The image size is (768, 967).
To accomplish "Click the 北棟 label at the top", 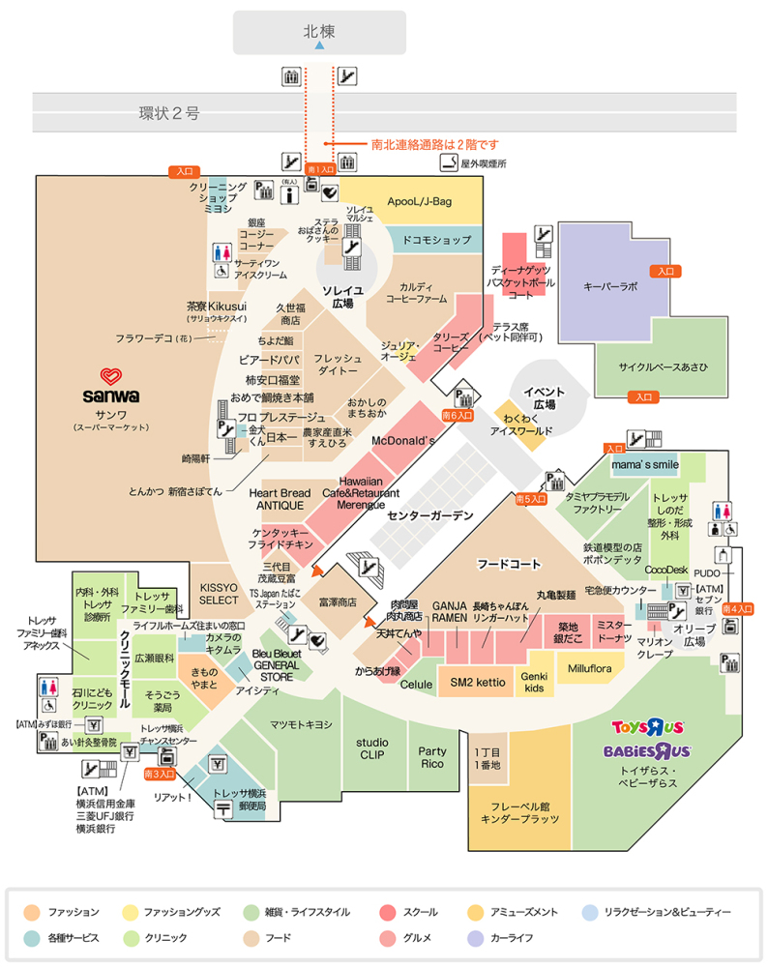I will (x=319, y=31).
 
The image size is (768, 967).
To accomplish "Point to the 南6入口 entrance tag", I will (x=458, y=414).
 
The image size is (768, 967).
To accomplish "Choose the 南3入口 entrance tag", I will (x=159, y=774).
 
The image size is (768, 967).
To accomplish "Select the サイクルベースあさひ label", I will (x=663, y=367).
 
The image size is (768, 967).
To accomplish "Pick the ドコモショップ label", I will (x=436, y=239).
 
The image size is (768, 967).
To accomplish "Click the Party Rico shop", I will (x=431, y=758).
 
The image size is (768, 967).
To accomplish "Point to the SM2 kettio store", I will (x=478, y=682).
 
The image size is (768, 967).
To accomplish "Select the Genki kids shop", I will (x=535, y=682).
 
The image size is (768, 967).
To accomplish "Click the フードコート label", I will (x=508, y=563).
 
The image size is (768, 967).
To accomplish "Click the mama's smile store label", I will (x=645, y=465).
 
